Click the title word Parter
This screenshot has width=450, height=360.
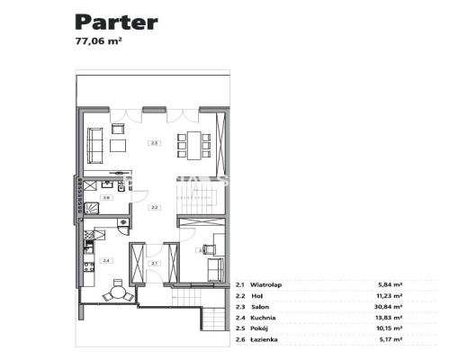(116, 22)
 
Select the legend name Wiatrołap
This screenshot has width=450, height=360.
(267, 284)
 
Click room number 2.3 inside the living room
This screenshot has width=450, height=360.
(155, 143)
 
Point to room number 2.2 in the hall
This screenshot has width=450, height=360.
(155, 208)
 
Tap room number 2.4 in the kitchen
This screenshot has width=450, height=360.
(107, 260)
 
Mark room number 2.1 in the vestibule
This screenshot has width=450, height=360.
(155, 263)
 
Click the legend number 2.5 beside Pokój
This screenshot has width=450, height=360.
(240, 328)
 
